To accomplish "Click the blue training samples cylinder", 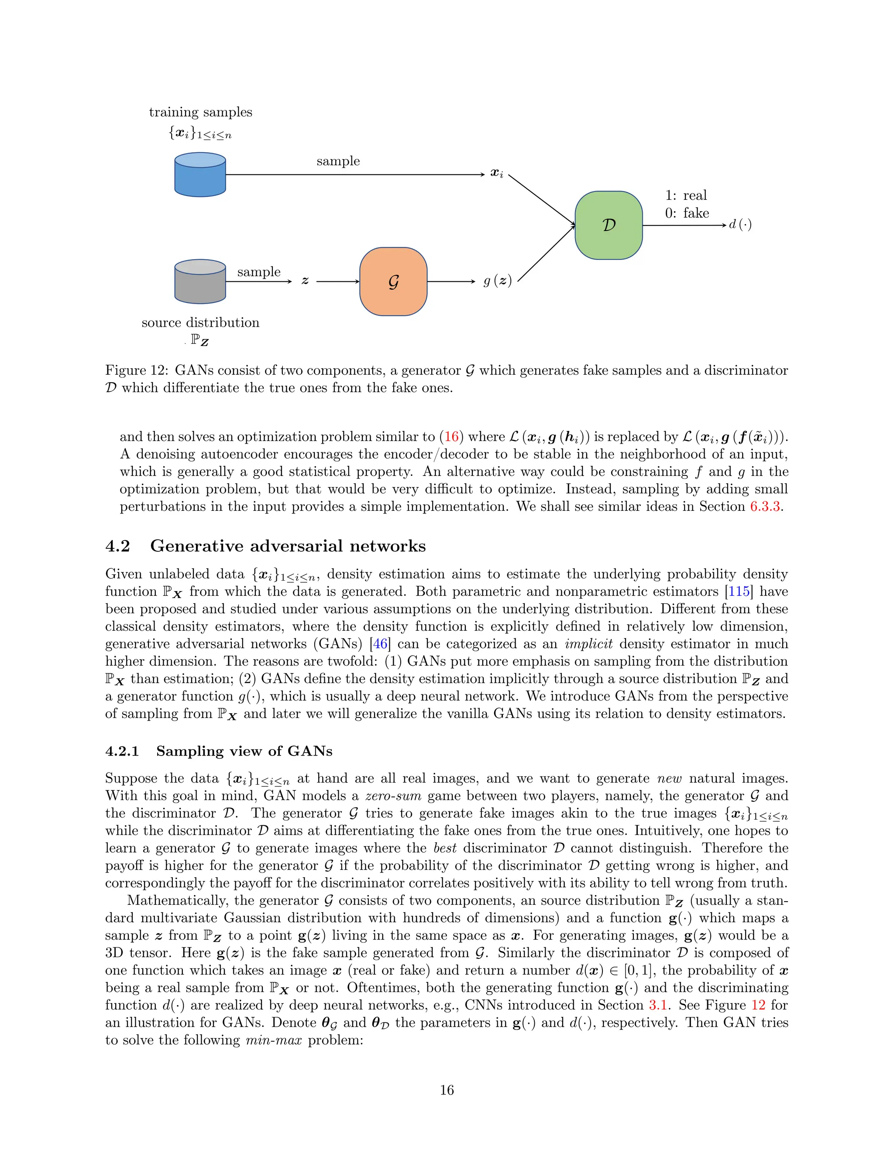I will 200,174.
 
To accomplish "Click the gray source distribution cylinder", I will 200,282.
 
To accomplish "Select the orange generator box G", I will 393,282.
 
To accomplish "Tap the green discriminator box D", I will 609,226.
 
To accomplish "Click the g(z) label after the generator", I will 497,281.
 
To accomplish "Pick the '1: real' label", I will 686,195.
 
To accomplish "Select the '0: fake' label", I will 687,213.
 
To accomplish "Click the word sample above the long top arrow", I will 338,161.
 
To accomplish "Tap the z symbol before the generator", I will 305,281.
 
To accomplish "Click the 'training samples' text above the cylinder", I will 200,112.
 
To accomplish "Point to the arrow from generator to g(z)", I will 450,282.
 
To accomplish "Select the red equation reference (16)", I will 451,437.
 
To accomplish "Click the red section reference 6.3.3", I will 765,506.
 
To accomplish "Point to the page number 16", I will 447,1090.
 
